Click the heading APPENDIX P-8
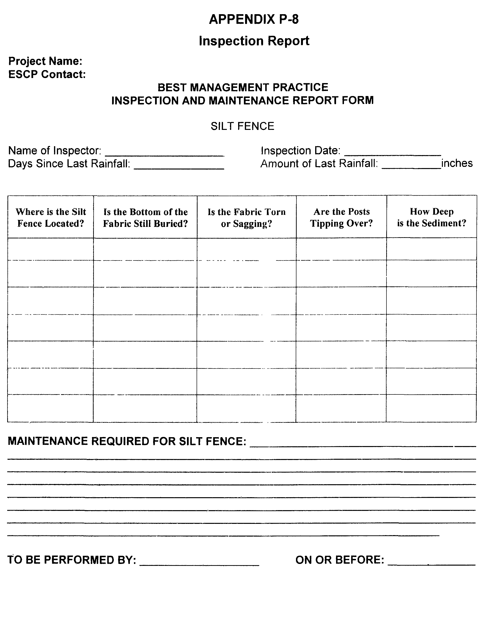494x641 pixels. [254, 19]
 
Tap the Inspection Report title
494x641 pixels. [254, 41]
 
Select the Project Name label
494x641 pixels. [45, 61]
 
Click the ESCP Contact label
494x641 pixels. [47, 74]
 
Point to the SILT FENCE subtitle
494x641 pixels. [242, 126]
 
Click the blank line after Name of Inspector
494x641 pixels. [164, 153]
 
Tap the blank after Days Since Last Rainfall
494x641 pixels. [179, 166]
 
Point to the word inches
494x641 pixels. [457, 163]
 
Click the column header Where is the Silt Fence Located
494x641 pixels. [50, 218]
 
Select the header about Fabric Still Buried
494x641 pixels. [145, 218]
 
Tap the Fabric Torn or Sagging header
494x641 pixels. [247, 218]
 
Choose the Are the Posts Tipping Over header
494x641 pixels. [341, 217]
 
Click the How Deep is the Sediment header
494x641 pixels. [432, 217]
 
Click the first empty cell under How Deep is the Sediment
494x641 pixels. [432, 249]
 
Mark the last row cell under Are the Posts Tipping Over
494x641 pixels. [341, 408]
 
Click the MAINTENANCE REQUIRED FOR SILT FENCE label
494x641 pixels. [127, 441]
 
